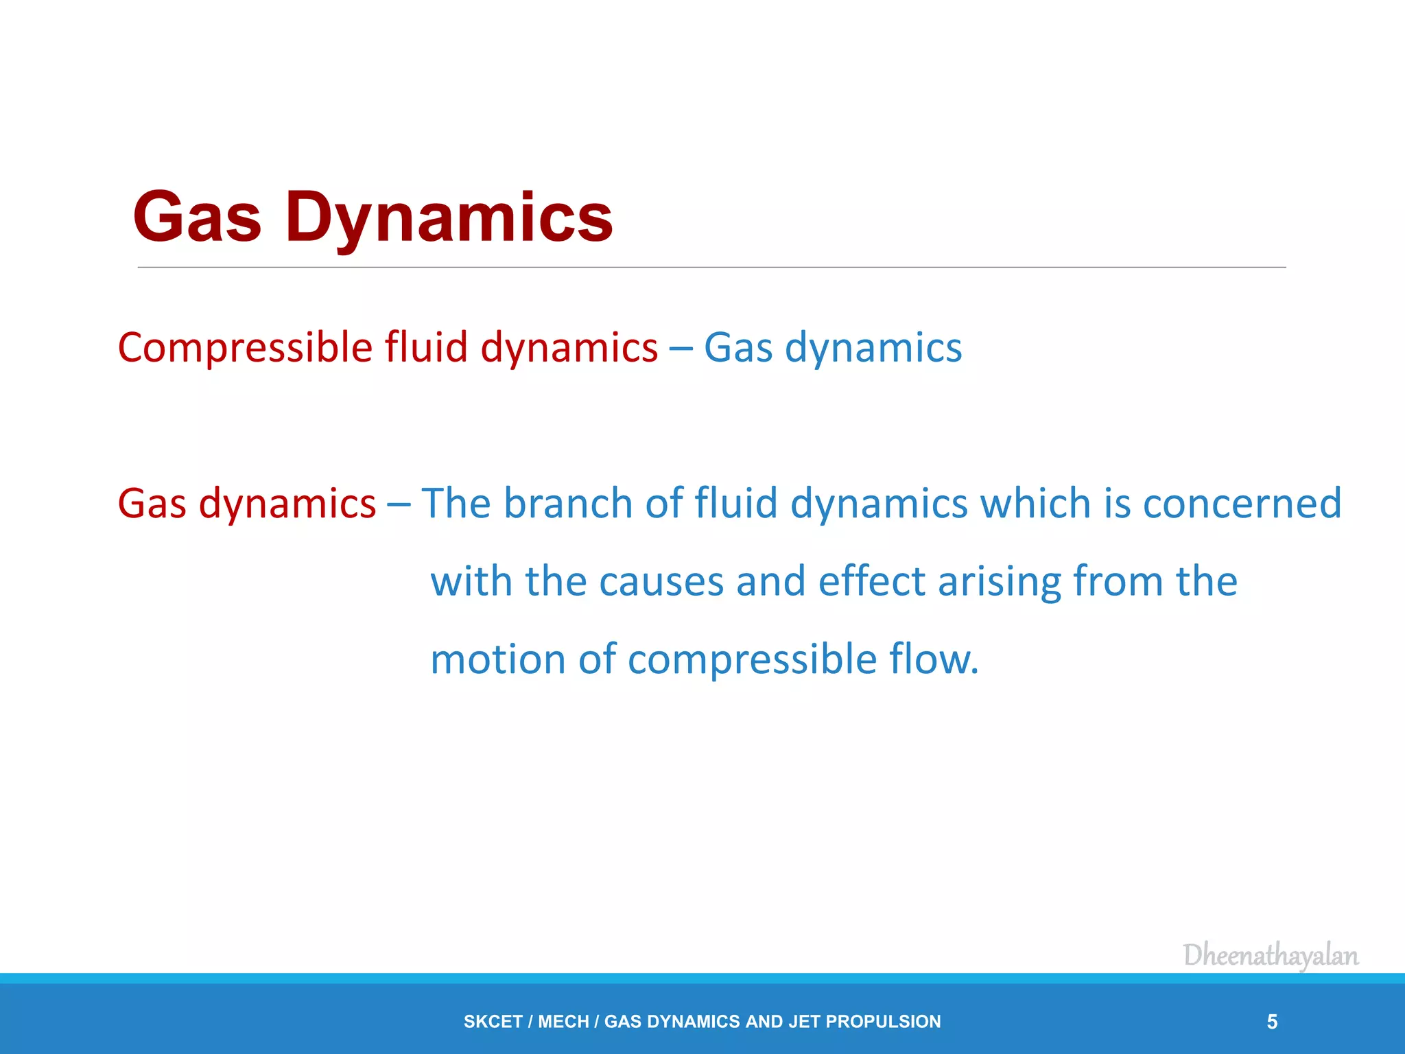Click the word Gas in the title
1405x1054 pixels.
point(198,218)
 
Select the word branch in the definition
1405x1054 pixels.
point(568,503)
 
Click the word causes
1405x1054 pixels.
point(661,582)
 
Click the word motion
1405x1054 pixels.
point(497,659)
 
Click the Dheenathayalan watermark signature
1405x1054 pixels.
point(1271,955)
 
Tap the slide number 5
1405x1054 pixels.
point(1272,1022)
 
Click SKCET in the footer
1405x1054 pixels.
point(493,1022)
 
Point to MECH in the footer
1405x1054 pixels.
point(563,1022)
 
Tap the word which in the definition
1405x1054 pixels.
point(1036,503)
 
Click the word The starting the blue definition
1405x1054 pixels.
point(456,503)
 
